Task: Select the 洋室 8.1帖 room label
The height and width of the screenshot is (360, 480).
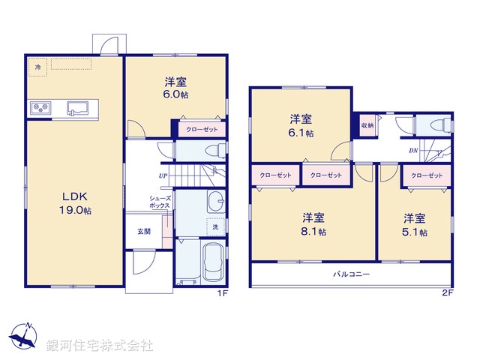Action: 313,224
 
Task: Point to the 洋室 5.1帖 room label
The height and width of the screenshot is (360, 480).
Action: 415,225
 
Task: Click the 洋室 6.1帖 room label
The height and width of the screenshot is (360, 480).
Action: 301,124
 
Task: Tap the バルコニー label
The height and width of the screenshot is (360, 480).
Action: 352,274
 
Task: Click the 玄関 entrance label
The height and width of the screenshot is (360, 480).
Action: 143,231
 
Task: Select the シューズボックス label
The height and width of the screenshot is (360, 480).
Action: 159,200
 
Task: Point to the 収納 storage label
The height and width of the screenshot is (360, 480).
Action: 367,125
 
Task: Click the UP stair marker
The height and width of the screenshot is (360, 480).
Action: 163,176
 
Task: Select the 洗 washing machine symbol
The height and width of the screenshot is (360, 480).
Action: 214,226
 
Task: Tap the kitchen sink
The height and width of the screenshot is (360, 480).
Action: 76,108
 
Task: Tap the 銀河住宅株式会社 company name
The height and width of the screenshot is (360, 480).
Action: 99,346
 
